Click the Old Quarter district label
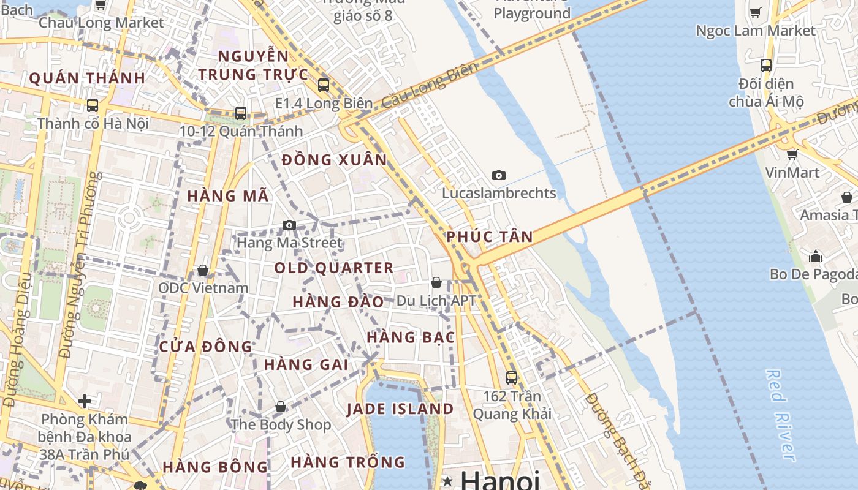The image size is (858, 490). pyautogui.click(x=333, y=268)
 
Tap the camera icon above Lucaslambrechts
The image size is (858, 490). pyautogui.click(x=499, y=176)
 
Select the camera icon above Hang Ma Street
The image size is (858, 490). pyautogui.click(x=289, y=225)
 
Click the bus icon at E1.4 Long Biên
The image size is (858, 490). pyautogui.click(x=324, y=85)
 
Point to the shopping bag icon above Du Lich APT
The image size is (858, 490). pyautogui.click(x=436, y=282)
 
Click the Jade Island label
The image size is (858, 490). pyautogui.click(x=400, y=409)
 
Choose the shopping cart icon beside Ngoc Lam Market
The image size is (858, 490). pyautogui.click(x=756, y=12)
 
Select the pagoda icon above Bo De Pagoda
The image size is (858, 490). pyautogui.click(x=816, y=255)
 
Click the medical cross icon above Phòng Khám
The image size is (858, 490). pyautogui.click(x=85, y=402)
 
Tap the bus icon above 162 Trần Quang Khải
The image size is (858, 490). pyautogui.click(x=511, y=378)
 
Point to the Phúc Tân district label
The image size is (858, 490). pyautogui.click(x=490, y=236)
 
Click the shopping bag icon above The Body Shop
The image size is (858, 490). pyautogui.click(x=281, y=407)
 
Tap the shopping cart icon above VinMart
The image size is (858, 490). pyautogui.click(x=792, y=154)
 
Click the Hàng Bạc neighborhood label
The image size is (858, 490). pyautogui.click(x=411, y=337)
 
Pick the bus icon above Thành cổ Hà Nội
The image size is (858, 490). pyautogui.click(x=93, y=105)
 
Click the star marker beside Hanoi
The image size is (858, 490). pyautogui.click(x=448, y=481)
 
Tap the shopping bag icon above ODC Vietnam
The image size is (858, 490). pyautogui.click(x=203, y=270)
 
